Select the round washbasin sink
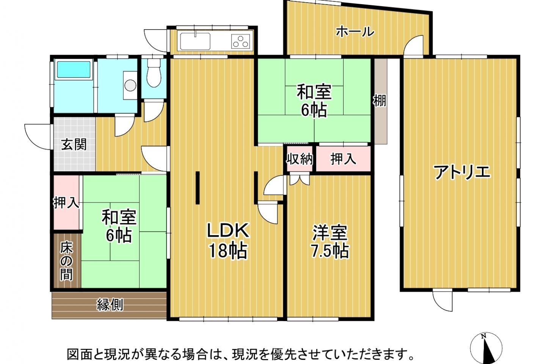click(x=130, y=85)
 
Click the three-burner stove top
click(x=241, y=41)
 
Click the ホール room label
click(x=355, y=32)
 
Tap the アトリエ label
click(x=463, y=173)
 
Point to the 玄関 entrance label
click(x=74, y=144)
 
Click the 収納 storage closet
click(x=300, y=159)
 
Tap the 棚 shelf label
click(x=380, y=100)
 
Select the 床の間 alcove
click(x=67, y=260)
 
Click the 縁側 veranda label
click(x=110, y=305)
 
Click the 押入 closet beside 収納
click(x=344, y=159)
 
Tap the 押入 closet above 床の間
click(x=66, y=202)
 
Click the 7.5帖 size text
click(x=329, y=251)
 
